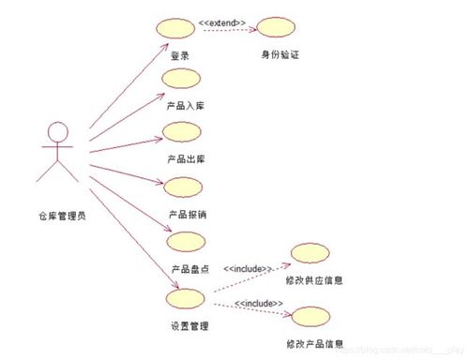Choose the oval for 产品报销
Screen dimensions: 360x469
pyautogui.click(x=182, y=187)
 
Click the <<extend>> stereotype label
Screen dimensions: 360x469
pyautogui.click(x=223, y=21)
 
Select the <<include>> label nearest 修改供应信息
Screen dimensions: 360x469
pyautogui.click(x=248, y=269)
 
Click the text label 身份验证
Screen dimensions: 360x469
pyautogui.click(x=280, y=55)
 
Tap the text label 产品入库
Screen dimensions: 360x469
pyautogui.click(x=186, y=106)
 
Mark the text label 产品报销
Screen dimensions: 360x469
pyautogui.click(x=187, y=215)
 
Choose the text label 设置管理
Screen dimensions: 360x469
pyautogui.click(x=189, y=326)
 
